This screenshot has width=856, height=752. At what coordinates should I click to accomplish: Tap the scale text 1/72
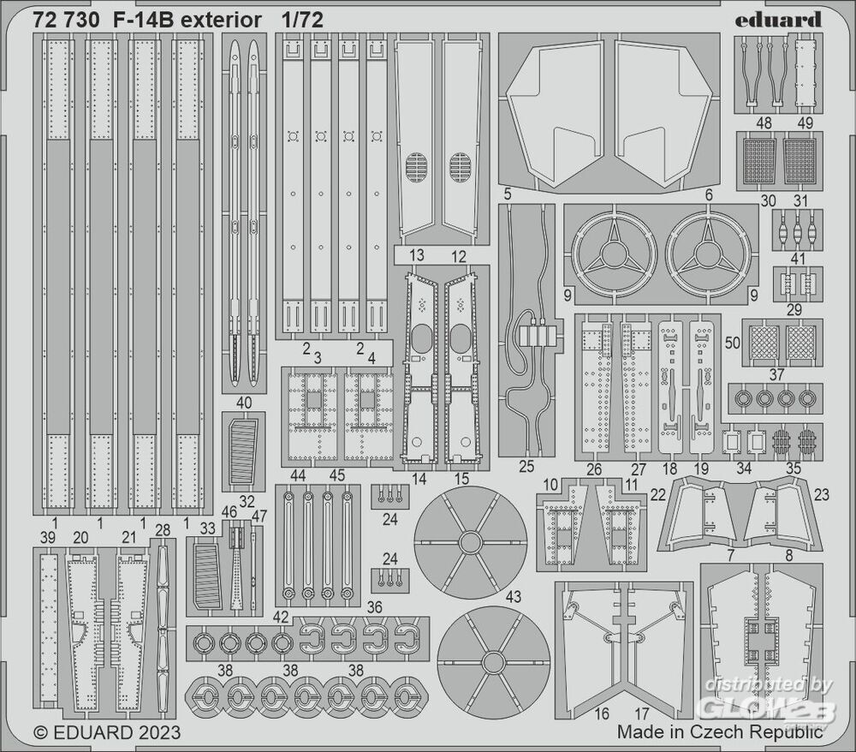point(306,21)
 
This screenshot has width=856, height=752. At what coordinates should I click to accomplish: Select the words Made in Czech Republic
point(720,731)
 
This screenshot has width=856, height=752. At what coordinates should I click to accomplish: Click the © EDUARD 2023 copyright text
point(107,732)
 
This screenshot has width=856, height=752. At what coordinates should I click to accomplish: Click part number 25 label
point(526,468)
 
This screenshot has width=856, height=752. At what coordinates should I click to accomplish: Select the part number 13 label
point(417,255)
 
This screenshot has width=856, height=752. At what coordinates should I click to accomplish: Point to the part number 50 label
point(732,342)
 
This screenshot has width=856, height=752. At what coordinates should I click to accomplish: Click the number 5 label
point(508,194)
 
